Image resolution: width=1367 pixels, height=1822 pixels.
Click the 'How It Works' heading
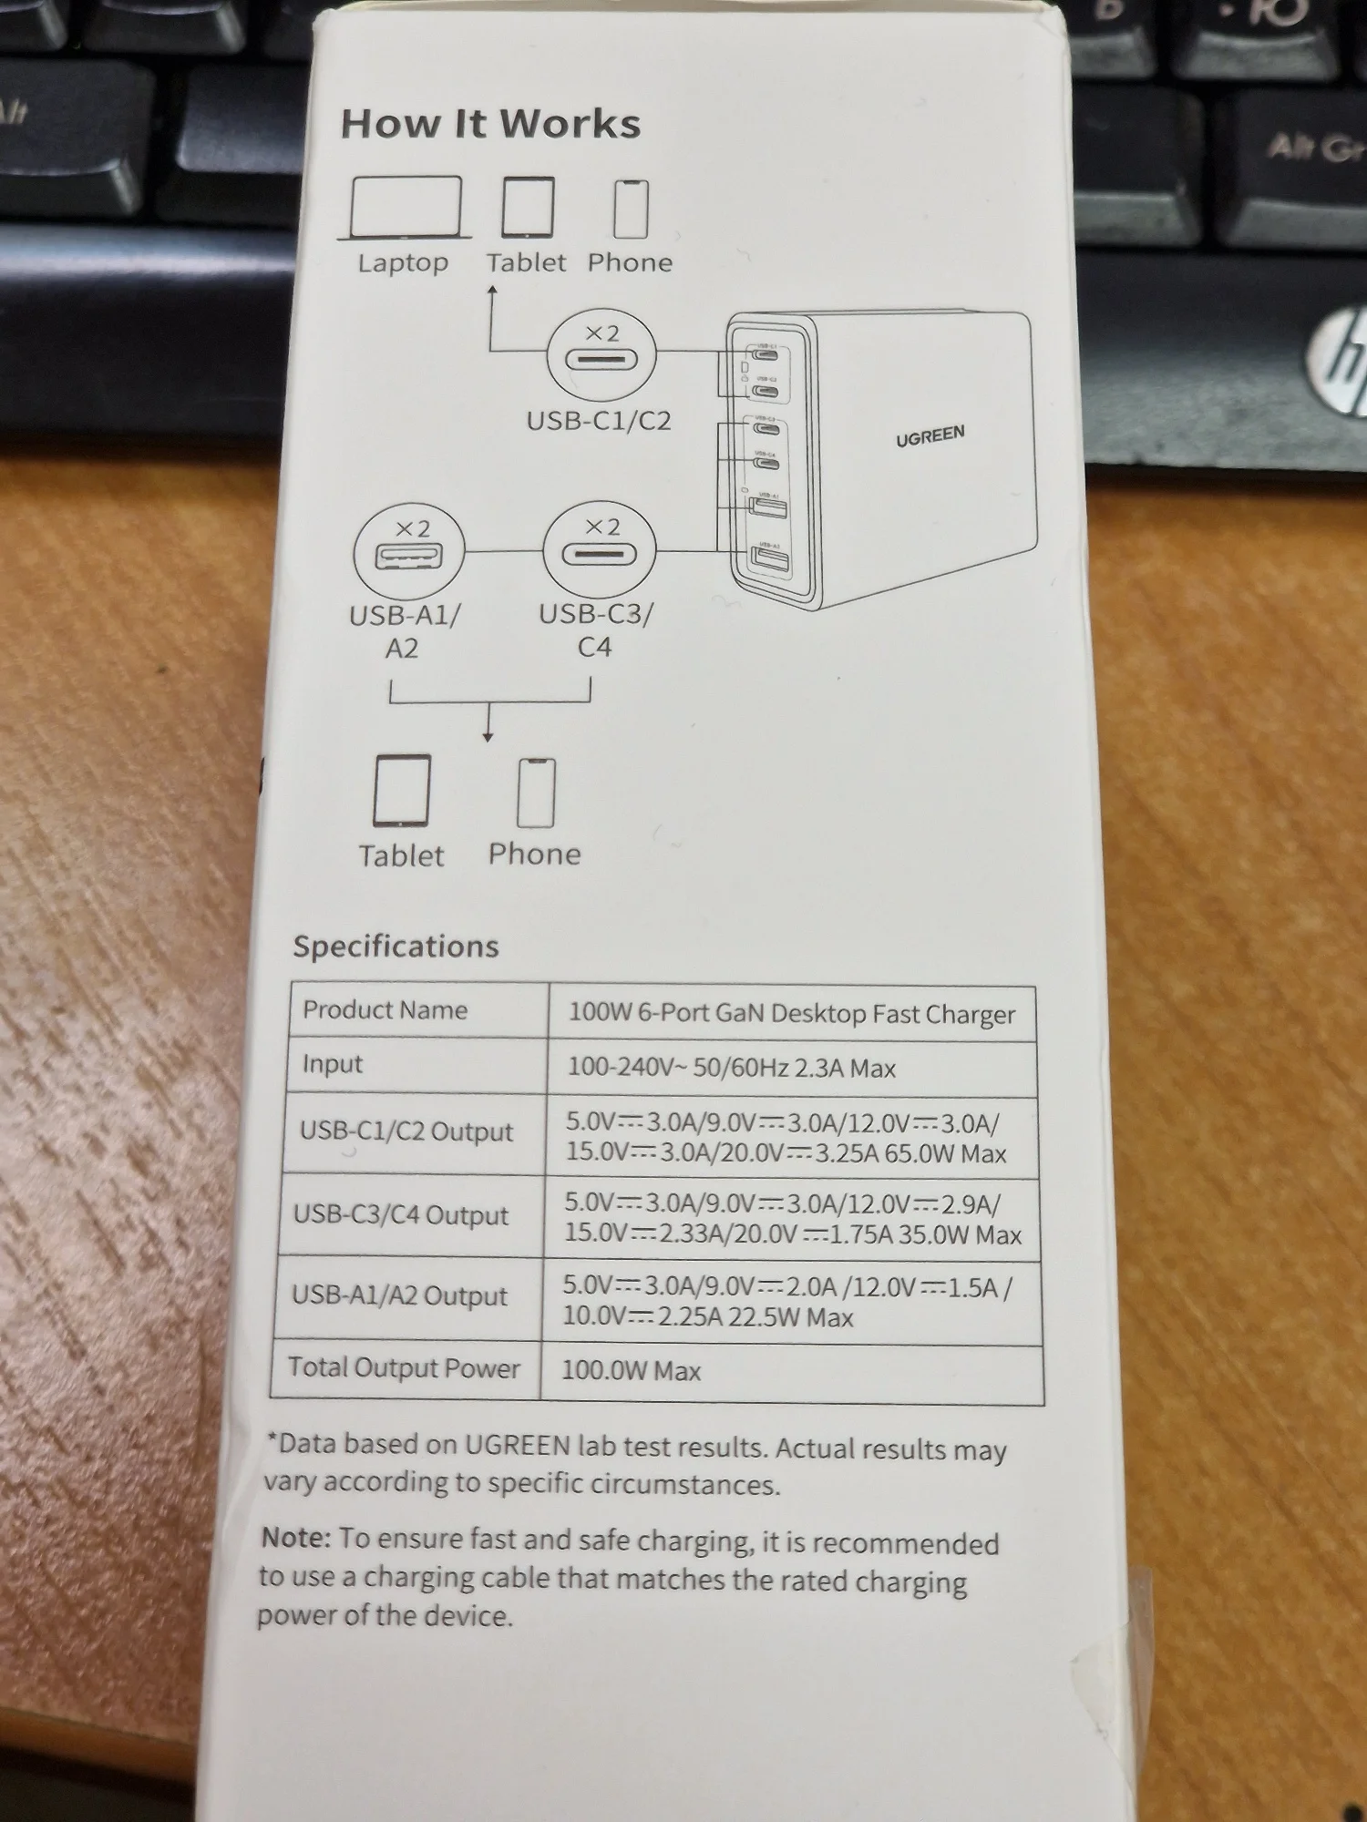[x=490, y=124]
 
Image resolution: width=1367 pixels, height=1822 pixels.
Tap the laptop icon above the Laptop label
[x=405, y=209]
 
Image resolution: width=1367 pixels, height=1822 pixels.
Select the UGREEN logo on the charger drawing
[x=930, y=436]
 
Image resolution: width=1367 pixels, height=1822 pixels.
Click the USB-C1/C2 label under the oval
[x=599, y=421]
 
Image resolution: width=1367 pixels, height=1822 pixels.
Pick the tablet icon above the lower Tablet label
[x=401, y=790]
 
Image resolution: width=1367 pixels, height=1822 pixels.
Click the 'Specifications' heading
[x=396, y=947]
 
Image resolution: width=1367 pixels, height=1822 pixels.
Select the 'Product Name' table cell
[x=385, y=1010]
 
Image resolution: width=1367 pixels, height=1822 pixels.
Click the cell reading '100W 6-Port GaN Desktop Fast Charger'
[x=791, y=1014]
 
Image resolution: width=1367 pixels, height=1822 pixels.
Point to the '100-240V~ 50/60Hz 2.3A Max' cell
[x=731, y=1068]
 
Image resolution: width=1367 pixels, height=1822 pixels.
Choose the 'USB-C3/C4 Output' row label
[x=400, y=1215]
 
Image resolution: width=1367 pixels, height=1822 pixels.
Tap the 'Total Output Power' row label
[x=404, y=1367]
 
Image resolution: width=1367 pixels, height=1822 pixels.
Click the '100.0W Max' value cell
[x=631, y=1371]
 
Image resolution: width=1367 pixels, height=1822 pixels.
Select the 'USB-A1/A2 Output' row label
[x=399, y=1295]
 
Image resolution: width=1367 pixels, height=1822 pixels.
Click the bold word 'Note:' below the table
[x=295, y=1538]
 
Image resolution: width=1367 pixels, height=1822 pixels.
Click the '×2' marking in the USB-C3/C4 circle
[x=601, y=527]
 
